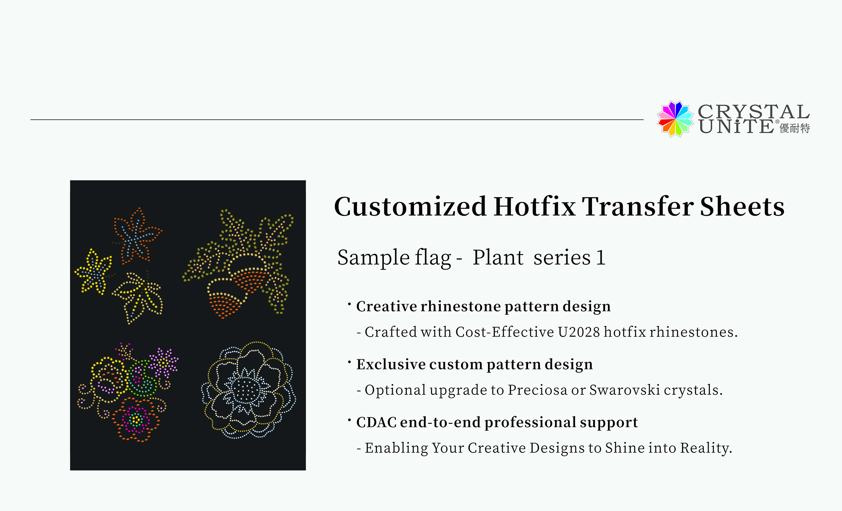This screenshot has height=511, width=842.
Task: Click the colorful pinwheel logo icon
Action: (675, 119)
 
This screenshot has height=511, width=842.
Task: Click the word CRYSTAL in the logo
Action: (754, 112)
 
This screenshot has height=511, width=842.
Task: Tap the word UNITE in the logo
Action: (736, 126)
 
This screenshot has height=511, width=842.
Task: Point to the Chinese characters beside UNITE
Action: (795, 128)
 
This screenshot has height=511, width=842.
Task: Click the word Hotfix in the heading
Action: (534, 206)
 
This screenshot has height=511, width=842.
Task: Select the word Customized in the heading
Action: (410, 206)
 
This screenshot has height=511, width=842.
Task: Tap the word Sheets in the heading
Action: (742, 206)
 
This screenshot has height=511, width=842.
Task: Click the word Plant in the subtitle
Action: (498, 257)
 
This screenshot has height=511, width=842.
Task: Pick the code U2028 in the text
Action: (579, 332)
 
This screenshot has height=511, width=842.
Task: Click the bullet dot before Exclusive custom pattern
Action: (349, 361)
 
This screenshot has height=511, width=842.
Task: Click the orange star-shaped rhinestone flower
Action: (136, 236)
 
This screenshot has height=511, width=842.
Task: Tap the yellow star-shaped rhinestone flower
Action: (93, 272)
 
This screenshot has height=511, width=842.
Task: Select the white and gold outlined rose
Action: (249, 390)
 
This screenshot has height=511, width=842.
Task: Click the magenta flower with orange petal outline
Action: (136, 420)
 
